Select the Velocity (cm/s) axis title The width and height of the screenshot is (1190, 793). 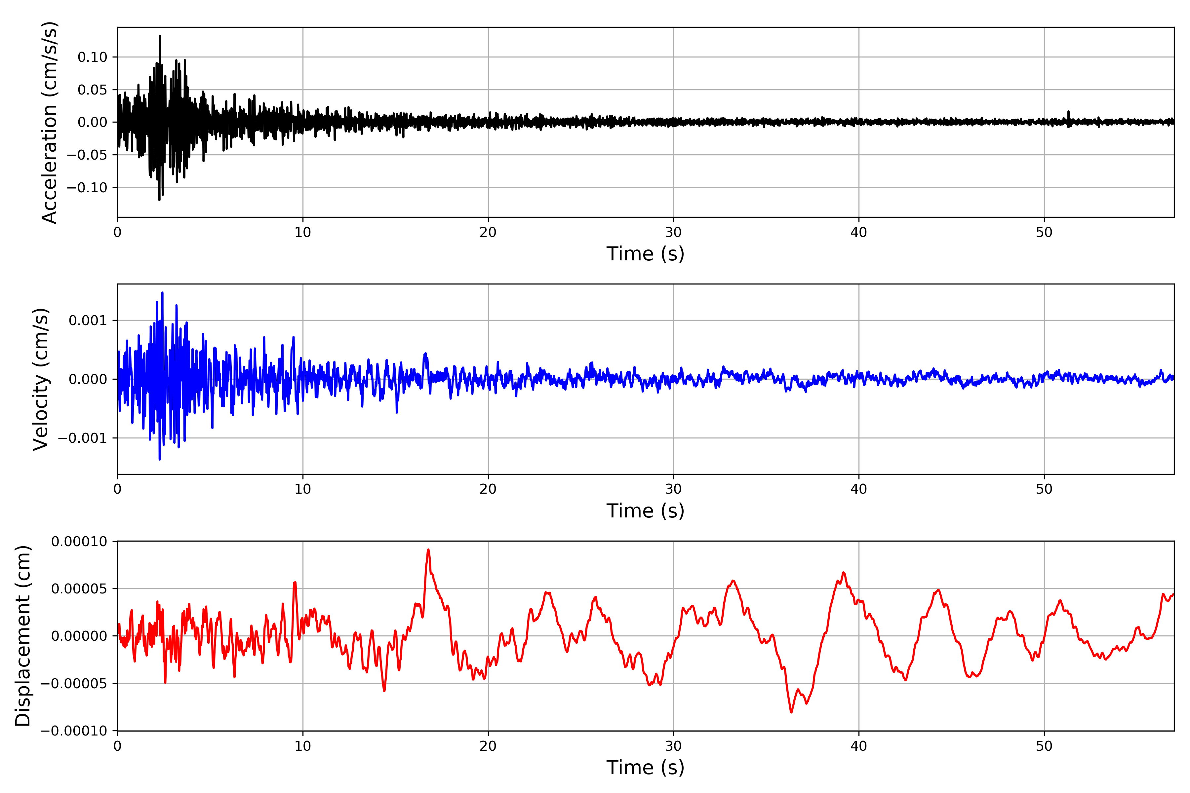click(40, 379)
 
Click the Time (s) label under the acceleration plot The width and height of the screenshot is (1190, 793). click(645, 254)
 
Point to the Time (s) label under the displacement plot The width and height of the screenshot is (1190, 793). click(645, 768)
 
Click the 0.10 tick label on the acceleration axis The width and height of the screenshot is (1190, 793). click(93, 57)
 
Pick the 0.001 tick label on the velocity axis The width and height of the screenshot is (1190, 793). click(88, 321)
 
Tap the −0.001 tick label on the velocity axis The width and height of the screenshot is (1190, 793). click(83, 438)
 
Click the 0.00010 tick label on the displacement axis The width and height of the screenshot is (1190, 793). click(79, 542)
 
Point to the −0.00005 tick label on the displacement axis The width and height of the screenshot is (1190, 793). click(74, 684)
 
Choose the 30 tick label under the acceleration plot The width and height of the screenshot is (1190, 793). click(673, 233)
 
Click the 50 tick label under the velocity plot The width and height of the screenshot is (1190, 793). click(1044, 489)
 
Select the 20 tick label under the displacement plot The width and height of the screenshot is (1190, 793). click(488, 746)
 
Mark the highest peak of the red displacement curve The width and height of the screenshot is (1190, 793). click(428, 550)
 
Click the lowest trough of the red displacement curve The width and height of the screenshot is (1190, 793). click(791, 712)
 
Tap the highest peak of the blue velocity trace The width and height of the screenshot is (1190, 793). click(162, 293)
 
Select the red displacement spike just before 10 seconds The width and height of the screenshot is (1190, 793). click(295, 583)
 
